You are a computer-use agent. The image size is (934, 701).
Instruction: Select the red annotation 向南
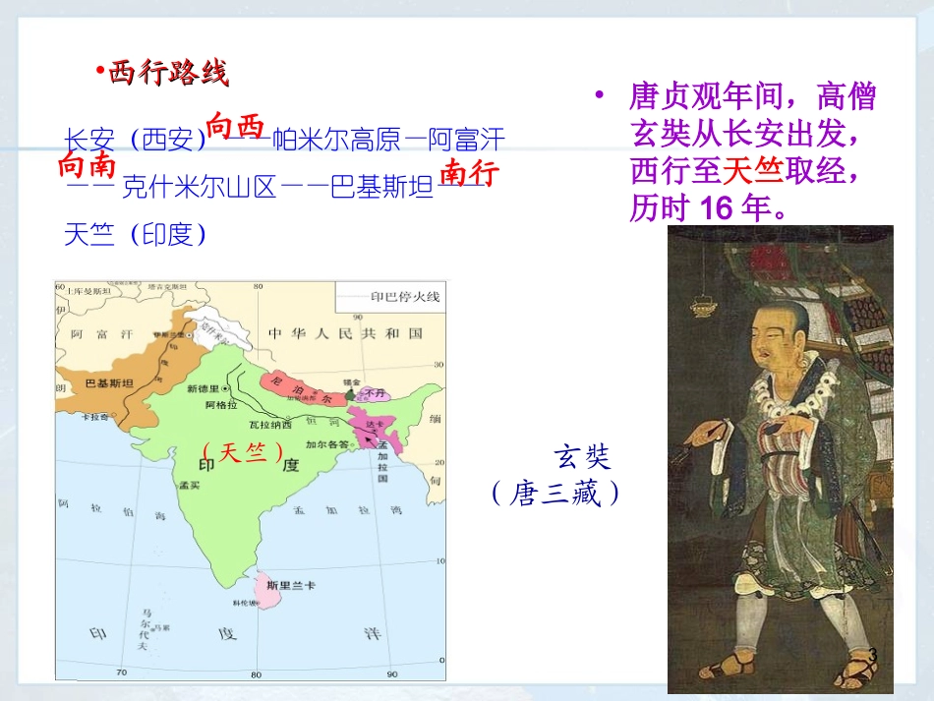tap(88, 164)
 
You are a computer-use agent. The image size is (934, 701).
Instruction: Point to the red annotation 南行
tap(469, 172)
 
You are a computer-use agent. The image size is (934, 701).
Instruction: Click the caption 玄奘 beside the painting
tap(582, 456)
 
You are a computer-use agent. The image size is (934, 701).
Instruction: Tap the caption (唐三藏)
tap(556, 494)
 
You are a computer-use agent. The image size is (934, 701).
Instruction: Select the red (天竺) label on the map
tap(242, 452)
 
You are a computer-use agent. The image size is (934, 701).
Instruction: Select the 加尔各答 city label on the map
tap(325, 443)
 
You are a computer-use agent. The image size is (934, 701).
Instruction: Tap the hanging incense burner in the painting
tap(704, 301)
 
